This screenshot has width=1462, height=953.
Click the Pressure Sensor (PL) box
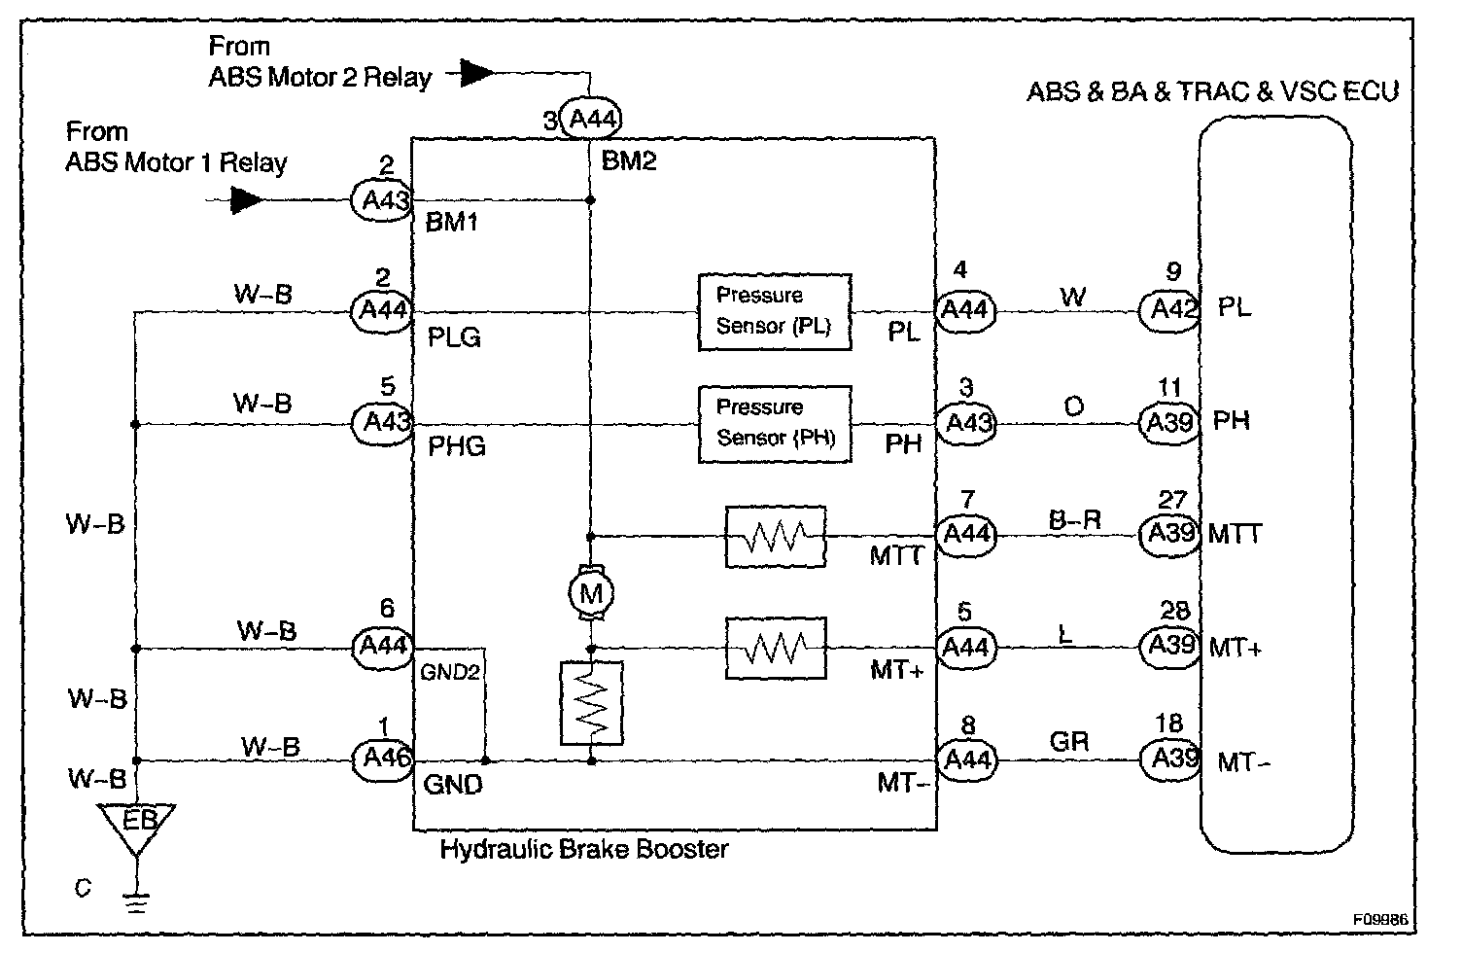[x=775, y=312]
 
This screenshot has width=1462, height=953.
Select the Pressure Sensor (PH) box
[x=775, y=424]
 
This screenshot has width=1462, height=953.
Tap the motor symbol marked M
[x=591, y=593]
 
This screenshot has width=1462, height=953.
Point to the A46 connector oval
[x=382, y=759]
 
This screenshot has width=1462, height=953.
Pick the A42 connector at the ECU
[x=1169, y=311]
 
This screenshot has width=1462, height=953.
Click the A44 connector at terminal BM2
[x=591, y=119]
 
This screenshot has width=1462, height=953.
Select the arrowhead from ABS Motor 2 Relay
[x=477, y=73]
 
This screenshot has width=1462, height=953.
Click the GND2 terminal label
[x=450, y=672]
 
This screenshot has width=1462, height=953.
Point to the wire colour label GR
[x=1069, y=742]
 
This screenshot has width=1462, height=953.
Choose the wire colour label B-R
[x=1075, y=520]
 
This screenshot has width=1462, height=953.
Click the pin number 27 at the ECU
[x=1172, y=500]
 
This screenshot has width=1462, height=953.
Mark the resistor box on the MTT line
[x=776, y=537]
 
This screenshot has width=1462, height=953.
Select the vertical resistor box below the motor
[x=591, y=703]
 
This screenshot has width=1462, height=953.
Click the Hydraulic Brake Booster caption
[x=584, y=849]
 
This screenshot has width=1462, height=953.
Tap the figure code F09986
[x=1380, y=919]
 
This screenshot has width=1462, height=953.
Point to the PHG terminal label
[x=457, y=446]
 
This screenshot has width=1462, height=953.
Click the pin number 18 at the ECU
[x=1169, y=724]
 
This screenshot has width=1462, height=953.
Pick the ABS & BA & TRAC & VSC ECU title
[x=1213, y=91]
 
